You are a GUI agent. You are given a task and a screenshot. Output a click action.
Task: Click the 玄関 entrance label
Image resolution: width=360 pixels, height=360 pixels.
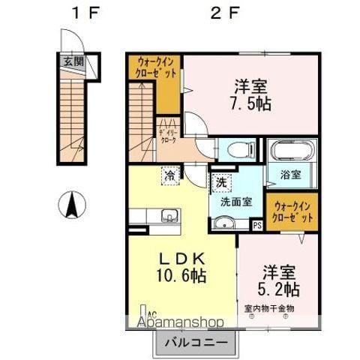(x=72, y=62)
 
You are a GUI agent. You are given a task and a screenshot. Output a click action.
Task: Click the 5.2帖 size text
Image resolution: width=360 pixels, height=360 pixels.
(x=280, y=289)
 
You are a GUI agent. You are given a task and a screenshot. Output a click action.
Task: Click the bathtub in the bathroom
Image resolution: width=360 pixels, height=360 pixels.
(x=292, y=151)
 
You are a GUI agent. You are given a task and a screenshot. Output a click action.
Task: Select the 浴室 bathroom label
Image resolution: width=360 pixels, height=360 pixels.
(x=292, y=175)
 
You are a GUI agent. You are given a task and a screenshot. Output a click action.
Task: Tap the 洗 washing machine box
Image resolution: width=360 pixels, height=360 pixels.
(x=221, y=182)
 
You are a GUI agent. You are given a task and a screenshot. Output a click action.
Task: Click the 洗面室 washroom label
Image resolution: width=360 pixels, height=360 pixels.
(x=235, y=201)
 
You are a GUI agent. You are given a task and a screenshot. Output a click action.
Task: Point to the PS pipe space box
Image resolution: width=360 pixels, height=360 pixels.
(x=257, y=224)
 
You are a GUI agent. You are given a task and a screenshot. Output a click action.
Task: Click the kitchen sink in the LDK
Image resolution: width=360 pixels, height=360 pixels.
(x=169, y=217)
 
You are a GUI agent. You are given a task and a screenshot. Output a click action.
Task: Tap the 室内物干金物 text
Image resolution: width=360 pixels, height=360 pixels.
(x=269, y=308)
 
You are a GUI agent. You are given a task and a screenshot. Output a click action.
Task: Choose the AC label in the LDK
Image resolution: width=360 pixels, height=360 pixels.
(x=151, y=315)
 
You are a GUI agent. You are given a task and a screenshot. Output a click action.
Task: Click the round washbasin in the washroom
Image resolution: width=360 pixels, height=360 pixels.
(x=225, y=222)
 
